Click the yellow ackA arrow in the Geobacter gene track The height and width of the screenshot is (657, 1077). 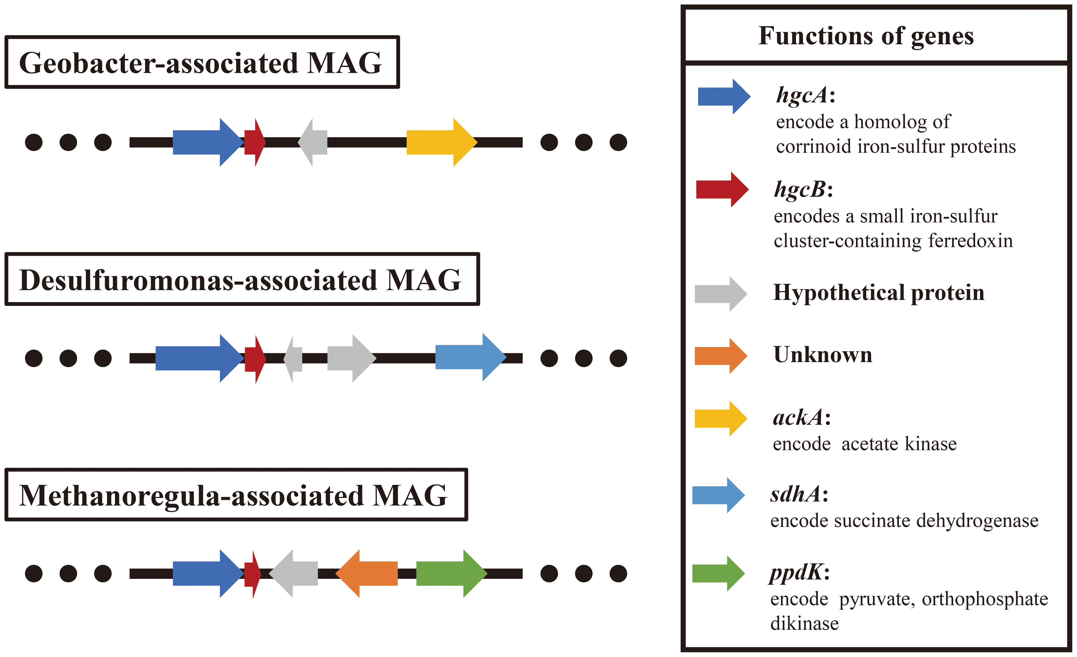pyautogui.click(x=441, y=142)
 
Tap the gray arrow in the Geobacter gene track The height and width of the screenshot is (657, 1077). pyautogui.click(x=313, y=142)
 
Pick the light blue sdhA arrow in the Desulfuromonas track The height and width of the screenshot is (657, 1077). pyautogui.click(x=471, y=357)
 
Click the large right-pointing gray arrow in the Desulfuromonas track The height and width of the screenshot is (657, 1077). pyautogui.click(x=352, y=358)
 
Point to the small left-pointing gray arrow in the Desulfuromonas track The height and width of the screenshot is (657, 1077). pyautogui.click(x=293, y=359)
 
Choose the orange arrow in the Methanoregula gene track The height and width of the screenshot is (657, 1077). pyautogui.click(x=366, y=573)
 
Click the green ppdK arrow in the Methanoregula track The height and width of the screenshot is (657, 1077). pyautogui.click(x=451, y=573)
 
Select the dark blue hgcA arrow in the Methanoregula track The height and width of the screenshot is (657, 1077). pyautogui.click(x=209, y=573)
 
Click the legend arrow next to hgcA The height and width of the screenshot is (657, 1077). pyautogui.click(x=724, y=97)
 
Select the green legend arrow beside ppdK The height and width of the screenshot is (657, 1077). pyautogui.click(x=719, y=573)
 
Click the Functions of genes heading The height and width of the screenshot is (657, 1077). pyautogui.click(x=866, y=36)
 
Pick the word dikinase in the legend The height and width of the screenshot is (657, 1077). pyautogui.click(x=804, y=623)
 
